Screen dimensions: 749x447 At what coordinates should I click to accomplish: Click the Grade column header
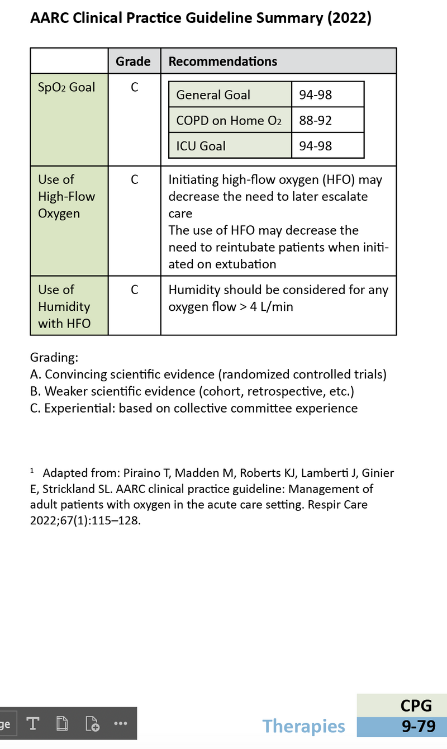[133, 61]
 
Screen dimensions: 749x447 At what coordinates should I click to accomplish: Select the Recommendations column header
[222, 61]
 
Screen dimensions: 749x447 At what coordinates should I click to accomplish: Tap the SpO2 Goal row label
[66, 87]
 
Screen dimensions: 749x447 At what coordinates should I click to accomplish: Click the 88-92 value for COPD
[316, 120]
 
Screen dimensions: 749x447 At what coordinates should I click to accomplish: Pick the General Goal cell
[213, 95]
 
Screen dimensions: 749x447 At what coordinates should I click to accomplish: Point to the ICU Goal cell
[201, 146]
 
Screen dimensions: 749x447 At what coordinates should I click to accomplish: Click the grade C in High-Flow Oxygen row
[134, 180]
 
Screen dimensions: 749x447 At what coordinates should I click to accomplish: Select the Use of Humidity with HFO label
[64, 306]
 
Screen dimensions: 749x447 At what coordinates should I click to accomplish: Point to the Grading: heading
[54, 357]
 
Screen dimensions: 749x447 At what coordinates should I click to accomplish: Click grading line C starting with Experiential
[193, 408]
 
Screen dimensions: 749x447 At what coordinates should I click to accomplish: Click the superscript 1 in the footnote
[32, 471]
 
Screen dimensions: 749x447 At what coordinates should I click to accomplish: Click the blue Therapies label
[303, 726]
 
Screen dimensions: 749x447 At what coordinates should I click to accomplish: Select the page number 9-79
[418, 726]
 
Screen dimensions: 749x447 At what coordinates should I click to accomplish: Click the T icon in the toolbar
[33, 723]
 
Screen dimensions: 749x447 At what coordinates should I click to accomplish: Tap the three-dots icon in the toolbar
[120, 723]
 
